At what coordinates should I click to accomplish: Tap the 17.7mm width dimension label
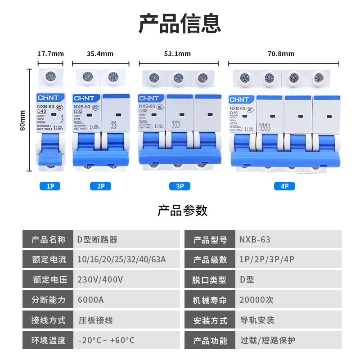50,54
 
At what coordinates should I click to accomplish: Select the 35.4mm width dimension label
100,54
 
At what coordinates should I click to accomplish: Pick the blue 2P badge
100,186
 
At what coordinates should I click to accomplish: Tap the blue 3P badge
180,186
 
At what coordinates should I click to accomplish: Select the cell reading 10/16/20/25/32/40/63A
121,260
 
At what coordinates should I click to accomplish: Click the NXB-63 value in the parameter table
255,240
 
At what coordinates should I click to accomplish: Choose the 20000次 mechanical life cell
257,300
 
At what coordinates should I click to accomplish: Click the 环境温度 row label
49,340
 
